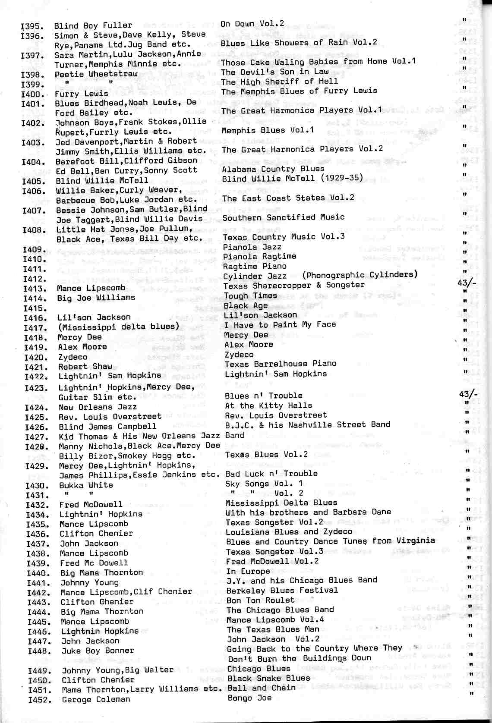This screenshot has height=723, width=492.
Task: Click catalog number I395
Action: [31, 26]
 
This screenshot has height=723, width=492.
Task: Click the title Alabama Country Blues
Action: [273, 169]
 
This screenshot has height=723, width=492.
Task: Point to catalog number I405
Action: [33, 181]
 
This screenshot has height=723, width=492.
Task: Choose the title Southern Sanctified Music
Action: [283, 217]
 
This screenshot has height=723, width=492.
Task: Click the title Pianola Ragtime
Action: [259, 256]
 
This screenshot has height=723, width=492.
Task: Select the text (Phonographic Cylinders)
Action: [360, 275]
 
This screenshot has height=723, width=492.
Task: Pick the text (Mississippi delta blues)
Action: [119, 327]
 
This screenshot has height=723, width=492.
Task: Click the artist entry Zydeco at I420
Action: [73, 357]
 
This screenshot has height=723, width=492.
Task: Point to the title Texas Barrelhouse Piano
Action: [281, 364]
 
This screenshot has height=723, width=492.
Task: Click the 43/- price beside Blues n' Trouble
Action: [468, 394]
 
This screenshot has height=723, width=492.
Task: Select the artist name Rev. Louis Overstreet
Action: [110, 417]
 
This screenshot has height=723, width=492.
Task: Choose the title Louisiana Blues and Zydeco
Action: [289, 531]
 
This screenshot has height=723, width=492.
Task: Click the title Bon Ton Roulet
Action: [260, 600]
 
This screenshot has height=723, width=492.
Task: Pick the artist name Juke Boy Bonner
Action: [98, 651]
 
